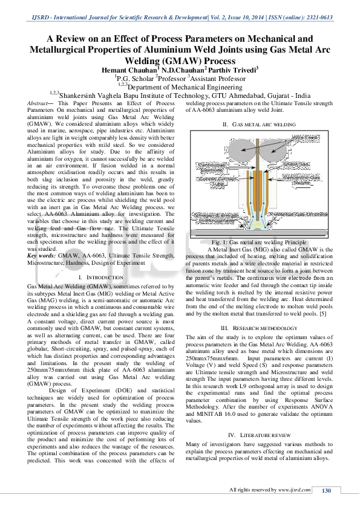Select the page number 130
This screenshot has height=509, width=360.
(x=326, y=490)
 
